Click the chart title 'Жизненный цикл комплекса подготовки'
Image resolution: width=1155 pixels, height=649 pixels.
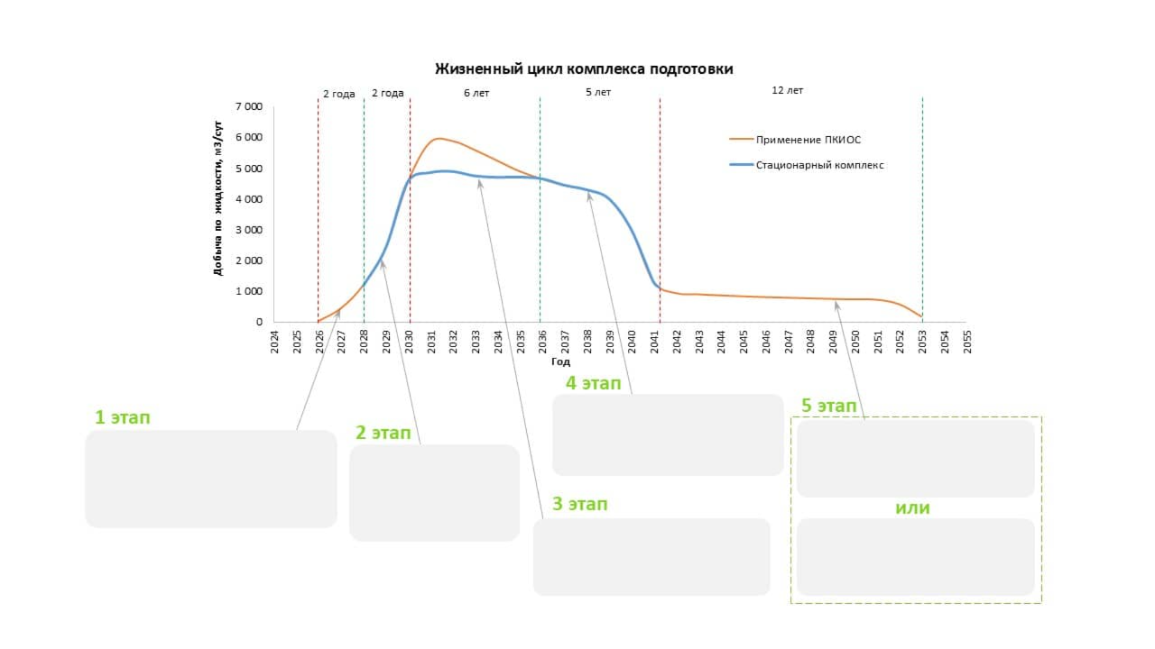coord(584,69)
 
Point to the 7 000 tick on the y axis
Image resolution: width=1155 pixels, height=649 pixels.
coord(248,106)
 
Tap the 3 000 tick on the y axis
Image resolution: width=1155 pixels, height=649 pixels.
coord(248,230)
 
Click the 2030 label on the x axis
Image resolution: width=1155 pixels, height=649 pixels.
coord(410,342)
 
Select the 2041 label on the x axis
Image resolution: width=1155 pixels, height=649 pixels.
coord(655,342)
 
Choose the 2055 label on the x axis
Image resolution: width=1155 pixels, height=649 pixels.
coord(967,342)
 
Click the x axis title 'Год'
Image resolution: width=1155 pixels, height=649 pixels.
coord(560,361)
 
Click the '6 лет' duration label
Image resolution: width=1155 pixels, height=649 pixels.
coord(476,93)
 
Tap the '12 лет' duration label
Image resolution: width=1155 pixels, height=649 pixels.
coord(787,90)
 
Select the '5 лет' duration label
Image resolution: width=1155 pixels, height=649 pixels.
coord(597,93)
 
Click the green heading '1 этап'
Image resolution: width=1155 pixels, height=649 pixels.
coord(123,417)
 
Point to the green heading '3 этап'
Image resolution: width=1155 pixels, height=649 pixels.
coord(580,504)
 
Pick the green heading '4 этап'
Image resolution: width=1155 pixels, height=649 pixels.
coord(593,383)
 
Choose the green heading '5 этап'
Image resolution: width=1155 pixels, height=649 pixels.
coord(828,407)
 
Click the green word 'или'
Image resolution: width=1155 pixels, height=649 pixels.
coord(912,508)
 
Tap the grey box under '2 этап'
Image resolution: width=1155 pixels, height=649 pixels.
coord(434,493)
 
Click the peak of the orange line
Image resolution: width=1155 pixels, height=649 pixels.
coord(439,139)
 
